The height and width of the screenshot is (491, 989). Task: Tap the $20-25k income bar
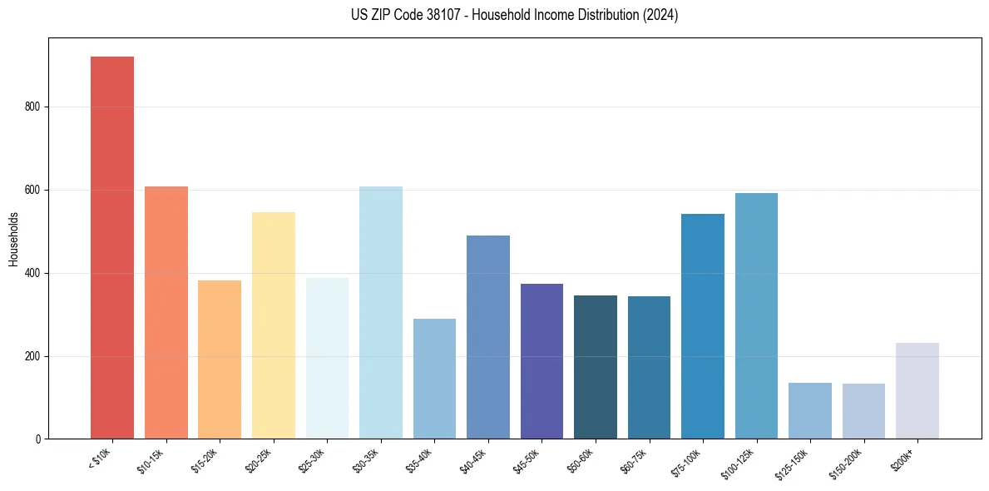pyautogui.click(x=274, y=325)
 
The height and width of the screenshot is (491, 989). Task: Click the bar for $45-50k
pyautogui.click(x=541, y=361)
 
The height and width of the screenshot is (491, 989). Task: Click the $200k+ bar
pyautogui.click(x=917, y=390)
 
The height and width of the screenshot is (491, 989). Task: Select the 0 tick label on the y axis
pyautogui.click(x=38, y=439)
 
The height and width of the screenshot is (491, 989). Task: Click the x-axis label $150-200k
pyautogui.click(x=847, y=463)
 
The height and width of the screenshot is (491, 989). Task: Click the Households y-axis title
pyautogui.click(x=13, y=238)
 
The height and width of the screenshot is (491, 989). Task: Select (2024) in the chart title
pyautogui.click(x=660, y=15)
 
